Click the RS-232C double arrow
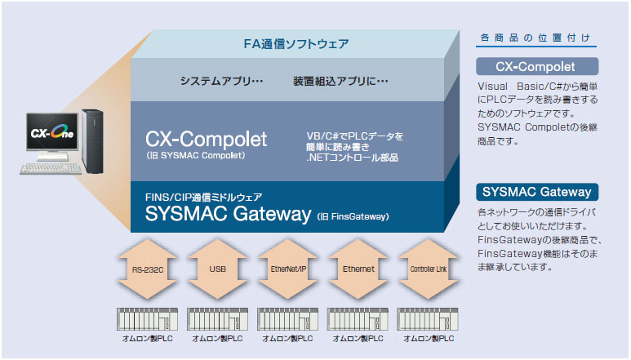tap(147, 269)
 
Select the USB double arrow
tap(217, 269)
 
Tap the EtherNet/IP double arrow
tap(287, 269)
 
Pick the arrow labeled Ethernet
tap(358, 269)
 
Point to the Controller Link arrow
tap(429, 269)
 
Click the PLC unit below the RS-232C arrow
tap(147, 319)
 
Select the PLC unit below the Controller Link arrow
tap(428, 319)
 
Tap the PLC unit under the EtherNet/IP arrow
tap(287, 319)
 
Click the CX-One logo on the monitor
tap(52, 131)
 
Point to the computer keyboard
tap(51, 168)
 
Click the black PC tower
tap(92, 141)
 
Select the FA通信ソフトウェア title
tap(296, 43)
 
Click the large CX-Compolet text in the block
tap(206, 139)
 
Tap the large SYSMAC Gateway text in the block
tap(229, 213)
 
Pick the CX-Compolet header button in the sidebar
tap(537, 66)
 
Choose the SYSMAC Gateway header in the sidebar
tap(537, 192)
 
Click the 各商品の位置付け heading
tap(535, 38)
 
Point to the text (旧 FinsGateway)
tap(353, 217)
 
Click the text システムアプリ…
tap(221, 81)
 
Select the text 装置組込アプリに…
tap(340, 81)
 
